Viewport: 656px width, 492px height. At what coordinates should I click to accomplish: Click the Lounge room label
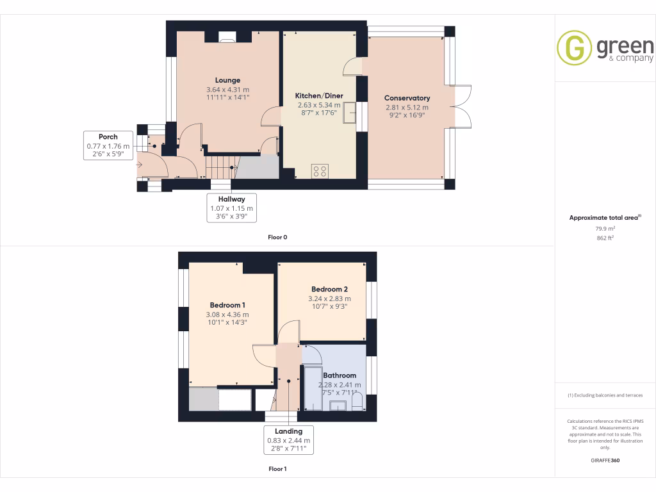tap(227, 81)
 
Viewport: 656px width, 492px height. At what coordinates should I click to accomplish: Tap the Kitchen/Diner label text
tap(319, 95)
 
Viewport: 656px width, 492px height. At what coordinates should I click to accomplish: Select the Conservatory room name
tap(407, 98)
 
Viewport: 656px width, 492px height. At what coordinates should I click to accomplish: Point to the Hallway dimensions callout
tap(231, 208)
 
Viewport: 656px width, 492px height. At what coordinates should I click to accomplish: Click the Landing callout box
tap(288, 440)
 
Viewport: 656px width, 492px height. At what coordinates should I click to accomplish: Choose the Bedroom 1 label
tap(227, 305)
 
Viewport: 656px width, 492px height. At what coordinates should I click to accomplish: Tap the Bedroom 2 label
tap(329, 289)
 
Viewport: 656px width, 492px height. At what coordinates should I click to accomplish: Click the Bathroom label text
tap(340, 375)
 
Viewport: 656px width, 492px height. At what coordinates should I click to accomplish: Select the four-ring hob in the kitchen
tap(319, 171)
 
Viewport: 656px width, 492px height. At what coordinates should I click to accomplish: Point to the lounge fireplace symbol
tap(227, 37)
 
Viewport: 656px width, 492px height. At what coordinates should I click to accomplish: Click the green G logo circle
tap(574, 48)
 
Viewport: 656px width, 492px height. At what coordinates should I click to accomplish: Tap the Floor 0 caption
tap(277, 237)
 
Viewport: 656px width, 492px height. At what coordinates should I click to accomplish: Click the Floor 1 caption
tap(277, 469)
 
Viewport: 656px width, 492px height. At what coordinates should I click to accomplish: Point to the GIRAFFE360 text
tap(605, 461)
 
